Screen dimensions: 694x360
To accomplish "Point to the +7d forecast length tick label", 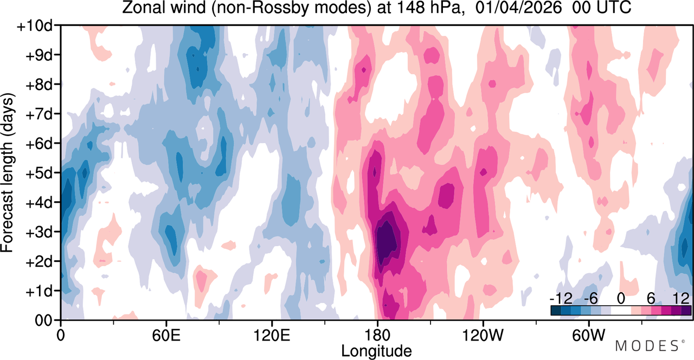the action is coord(39,114).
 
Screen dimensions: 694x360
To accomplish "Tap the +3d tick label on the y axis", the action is coord(39,232).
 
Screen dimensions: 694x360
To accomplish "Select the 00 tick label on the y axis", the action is coord(43,320).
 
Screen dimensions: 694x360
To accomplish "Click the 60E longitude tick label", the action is coord(166,335).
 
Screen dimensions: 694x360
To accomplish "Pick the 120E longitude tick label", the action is coord(272,335).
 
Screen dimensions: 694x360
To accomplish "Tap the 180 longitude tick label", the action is coord(377,335).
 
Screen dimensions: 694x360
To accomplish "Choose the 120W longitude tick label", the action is coord(483,335).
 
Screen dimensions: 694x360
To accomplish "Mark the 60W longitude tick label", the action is coord(588,335).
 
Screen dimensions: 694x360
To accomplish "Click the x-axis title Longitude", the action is coord(376,351).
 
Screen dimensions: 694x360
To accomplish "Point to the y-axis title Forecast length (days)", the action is coord(8,172).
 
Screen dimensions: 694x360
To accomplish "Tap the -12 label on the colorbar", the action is coord(561,299).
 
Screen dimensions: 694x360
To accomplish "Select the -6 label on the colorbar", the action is coord(590,299).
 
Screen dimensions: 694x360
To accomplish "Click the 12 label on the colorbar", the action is coord(681,299).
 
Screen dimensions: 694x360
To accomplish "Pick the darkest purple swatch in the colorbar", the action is coord(686,311).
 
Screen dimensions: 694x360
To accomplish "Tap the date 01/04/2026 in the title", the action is coord(518,8).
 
